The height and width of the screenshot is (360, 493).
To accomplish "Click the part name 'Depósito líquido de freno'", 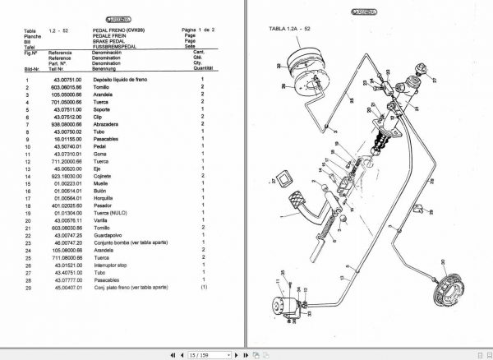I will [122, 81].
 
